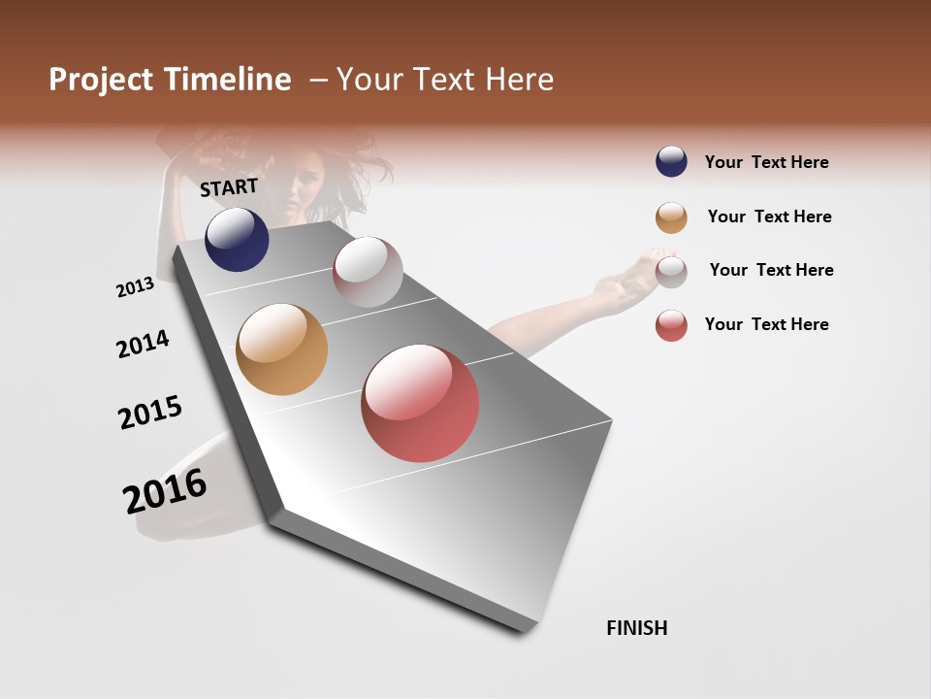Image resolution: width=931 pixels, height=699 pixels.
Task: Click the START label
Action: pyautogui.click(x=229, y=187)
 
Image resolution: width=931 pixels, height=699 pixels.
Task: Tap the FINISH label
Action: pyautogui.click(x=636, y=628)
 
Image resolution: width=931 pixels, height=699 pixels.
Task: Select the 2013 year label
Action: pyautogui.click(x=135, y=287)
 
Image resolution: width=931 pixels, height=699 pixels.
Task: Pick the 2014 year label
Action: pyautogui.click(x=143, y=344)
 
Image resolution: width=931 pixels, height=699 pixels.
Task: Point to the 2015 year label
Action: pyautogui.click(x=150, y=413)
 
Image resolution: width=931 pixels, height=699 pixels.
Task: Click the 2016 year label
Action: pyautogui.click(x=165, y=490)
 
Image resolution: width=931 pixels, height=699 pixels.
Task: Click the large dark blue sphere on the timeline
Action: pyautogui.click(x=237, y=240)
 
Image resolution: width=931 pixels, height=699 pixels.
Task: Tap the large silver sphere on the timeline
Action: pyautogui.click(x=368, y=272)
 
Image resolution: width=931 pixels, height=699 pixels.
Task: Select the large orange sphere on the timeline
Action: pyautogui.click(x=281, y=349)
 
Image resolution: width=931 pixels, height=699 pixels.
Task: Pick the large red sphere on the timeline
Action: pyautogui.click(x=420, y=403)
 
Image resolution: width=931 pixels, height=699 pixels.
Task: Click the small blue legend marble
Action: pyautogui.click(x=671, y=161)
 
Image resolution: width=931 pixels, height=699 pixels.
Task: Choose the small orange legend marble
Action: pyautogui.click(x=671, y=217)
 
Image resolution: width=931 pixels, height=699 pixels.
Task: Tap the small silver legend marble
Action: pyautogui.click(x=671, y=271)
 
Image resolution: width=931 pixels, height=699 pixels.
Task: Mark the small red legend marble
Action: pyautogui.click(x=671, y=325)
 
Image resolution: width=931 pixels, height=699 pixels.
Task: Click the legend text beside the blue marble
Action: pyautogui.click(x=766, y=162)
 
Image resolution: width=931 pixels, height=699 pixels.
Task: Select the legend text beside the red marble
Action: pyautogui.click(x=766, y=324)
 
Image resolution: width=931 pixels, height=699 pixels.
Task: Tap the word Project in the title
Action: pyautogui.click(x=102, y=80)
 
